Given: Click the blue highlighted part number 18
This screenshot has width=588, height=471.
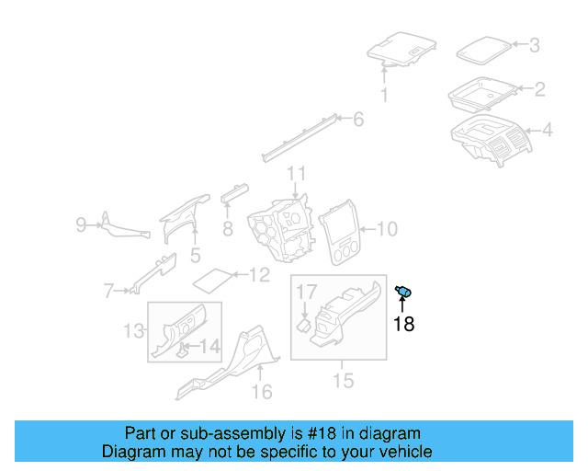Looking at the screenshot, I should coord(402,292).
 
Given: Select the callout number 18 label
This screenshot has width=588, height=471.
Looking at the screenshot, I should coord(403,324).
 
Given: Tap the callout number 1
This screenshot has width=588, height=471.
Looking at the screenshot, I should coord(384,95).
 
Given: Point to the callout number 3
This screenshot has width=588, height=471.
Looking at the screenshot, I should coord(534,44).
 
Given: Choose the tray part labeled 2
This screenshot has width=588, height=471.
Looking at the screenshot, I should coord(481,92).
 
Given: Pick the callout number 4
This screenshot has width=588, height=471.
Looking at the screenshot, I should coord(547,131).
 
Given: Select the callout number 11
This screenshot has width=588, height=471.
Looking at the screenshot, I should coord(295,174).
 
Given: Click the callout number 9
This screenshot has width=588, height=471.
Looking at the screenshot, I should coord(81,224).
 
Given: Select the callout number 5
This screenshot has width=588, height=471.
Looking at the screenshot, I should coord(195,254).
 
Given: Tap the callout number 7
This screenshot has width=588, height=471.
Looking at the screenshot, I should coord(108,292).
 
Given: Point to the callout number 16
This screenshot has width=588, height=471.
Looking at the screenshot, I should coord(262,392).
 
